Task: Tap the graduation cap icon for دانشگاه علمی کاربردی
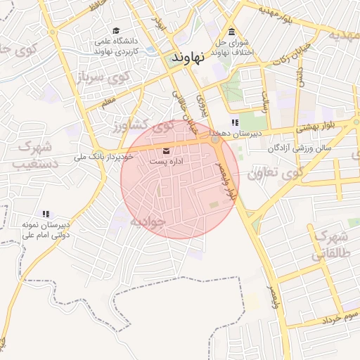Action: (116, 31)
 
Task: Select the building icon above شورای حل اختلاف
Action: (232, 31)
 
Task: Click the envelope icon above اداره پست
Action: (167, 150)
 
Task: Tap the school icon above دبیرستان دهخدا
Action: (234, 123)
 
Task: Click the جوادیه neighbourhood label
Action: (147, 221)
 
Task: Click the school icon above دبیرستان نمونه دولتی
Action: (46, 214)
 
